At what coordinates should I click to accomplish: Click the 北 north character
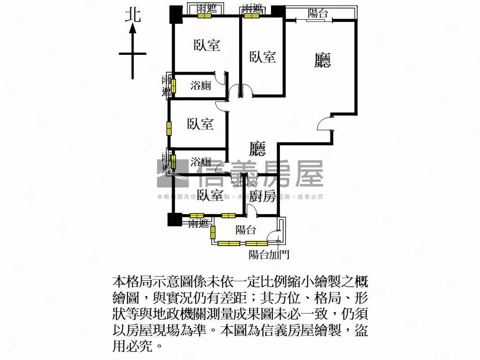click(133, 15)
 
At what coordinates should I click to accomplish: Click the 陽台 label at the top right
click(318, 14)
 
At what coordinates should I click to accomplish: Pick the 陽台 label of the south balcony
click(246, 230)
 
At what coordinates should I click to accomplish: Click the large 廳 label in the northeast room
click(322, 60)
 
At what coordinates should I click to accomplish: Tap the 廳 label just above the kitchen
click(257, 150)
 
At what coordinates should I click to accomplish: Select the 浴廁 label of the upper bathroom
click(201, 86)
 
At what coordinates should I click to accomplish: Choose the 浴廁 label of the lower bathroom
click(201, 162)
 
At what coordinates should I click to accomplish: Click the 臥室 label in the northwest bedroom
click(207, 45)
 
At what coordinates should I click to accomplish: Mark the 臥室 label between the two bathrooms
click(200, 124)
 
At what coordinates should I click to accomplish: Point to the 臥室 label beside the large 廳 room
click(262, 57)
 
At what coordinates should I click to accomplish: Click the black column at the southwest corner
click(174, 219)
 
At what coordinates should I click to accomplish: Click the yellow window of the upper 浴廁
click(173, 86)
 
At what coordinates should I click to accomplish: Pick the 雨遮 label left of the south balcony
click(198, 224)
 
